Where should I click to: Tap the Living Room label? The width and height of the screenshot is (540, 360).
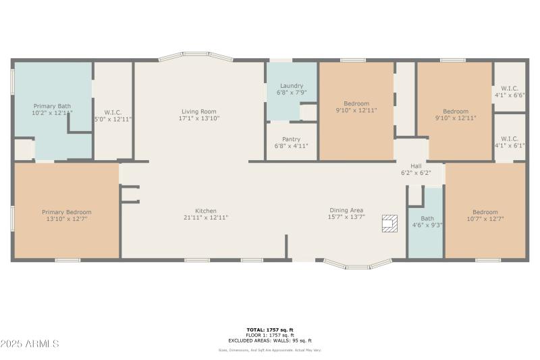click(198, 111)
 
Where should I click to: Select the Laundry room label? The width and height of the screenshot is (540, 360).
click(291, 85)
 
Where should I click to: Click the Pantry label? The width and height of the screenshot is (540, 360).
click(291, 139)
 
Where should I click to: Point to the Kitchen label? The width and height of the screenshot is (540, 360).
click(206, 211)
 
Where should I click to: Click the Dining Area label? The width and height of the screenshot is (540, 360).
click(346, 210)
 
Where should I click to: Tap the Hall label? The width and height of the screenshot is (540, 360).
click(416, 165)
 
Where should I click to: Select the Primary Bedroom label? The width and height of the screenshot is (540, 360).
click(66, 212)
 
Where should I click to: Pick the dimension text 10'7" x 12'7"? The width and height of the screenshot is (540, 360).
click(485, 219)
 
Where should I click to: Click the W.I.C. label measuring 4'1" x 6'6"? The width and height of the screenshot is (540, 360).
click(509, 88)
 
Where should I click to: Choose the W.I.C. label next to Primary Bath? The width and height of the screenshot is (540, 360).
click(113, 112)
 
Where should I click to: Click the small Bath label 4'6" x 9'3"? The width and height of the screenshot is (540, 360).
click(427, 219)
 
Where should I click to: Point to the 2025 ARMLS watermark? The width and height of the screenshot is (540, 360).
click(30, 344)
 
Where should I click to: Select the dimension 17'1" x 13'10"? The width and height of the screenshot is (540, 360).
click(198, 118)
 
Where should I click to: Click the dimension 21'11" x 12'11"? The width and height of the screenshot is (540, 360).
click(206, 217)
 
